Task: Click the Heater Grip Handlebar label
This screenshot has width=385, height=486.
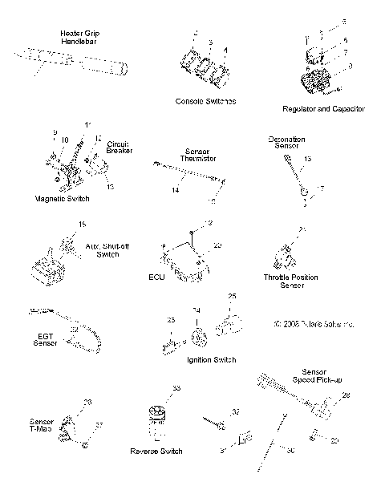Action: [x=80, y=38]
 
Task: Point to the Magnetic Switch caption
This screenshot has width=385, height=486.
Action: [x=62, y=197]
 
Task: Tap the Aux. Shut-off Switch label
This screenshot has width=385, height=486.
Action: [x=102, y=249]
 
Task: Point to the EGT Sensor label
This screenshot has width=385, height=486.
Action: [x=45, y=338]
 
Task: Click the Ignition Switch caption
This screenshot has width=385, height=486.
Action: [x=210, y=360]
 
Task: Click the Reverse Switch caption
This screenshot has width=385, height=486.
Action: [x=158, y=451]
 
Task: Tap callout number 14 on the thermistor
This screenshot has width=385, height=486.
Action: [x=175, y=191]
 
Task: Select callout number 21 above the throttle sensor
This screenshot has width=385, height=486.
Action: [x=302, y=230]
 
